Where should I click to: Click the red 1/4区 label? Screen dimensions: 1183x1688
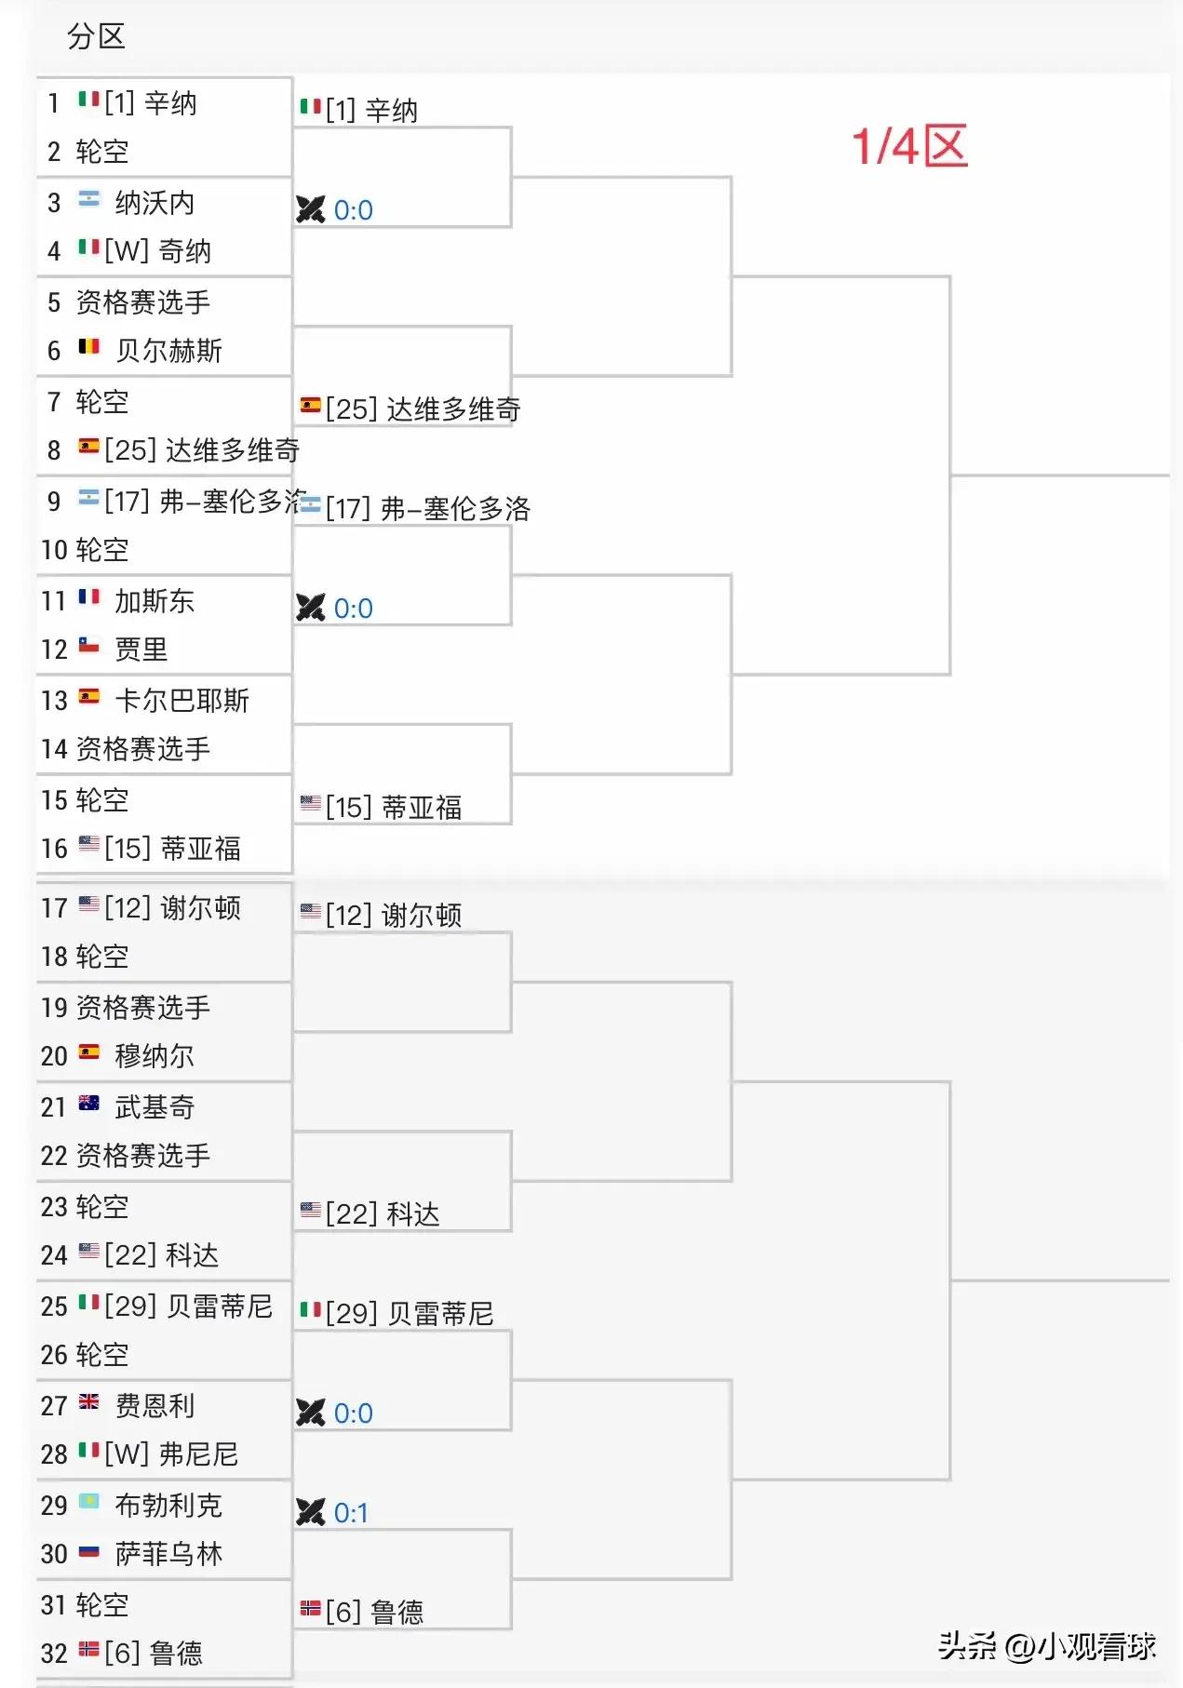tap(909, 147)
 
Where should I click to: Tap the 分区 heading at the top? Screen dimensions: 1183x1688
tap(96, 36)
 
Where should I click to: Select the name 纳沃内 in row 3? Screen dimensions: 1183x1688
tap(155, 203)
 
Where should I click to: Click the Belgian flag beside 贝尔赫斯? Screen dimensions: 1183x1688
tap(89, 347)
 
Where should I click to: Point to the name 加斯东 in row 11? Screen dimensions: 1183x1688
tap(155, 601)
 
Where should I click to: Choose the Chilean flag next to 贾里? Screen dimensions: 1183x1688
tap(89, 645)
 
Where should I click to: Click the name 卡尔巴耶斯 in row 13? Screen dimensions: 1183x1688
tap(181, 701)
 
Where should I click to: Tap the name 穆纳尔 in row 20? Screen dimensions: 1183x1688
tap(155, 1056)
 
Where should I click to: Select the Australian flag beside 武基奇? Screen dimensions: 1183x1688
tap(89, 1103)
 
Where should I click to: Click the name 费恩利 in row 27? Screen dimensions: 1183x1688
tap(155, 1405)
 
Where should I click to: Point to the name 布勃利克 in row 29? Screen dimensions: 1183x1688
tap(168, 1506)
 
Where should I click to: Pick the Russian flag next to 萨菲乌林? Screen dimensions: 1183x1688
tap(89, 1550)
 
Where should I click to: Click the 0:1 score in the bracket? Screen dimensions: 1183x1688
tap(351, 1513)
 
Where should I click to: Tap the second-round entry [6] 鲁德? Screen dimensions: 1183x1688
tap(363, 1612)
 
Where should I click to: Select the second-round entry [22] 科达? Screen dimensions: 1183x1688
tap(370, 1213)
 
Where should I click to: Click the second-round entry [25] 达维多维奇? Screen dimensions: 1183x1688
tap(410, 409)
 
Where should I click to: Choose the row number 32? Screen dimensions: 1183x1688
tap(54, 1654)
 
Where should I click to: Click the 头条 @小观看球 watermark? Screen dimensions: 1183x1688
tap(1047, 1646)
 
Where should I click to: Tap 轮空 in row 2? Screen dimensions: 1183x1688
tap(101, 152)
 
